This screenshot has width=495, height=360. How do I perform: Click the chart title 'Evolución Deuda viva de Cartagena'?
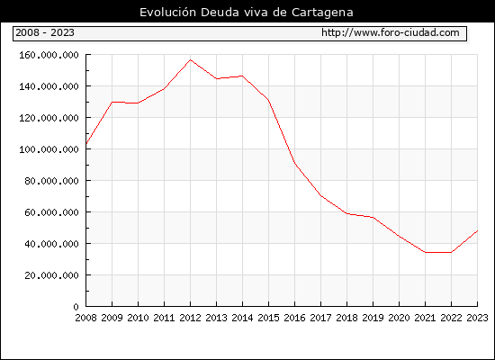tap(247, 13)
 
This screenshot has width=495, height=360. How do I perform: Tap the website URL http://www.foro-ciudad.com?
tap(391, 32)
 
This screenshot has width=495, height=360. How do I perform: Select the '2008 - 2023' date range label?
tap(45, 32)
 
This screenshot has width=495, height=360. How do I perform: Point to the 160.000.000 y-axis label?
tap(49, 55)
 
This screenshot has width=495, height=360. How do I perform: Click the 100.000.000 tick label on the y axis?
tap(49, 149)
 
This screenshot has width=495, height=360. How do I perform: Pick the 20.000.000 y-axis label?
tap(51, 275)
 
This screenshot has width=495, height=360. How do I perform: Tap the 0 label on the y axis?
tap(76, 307)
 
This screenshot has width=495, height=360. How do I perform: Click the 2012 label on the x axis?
tap(190, 318)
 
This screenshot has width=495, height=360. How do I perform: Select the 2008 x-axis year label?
tap(85, 318)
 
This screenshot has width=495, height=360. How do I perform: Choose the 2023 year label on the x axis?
tap(477, 318)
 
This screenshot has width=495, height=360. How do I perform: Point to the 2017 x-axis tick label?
tap(320, 318)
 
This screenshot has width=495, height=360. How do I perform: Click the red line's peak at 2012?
tap(191, 59)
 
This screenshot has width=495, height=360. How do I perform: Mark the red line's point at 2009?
tap(112, 102)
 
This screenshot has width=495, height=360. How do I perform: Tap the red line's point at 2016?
tap(294, 164)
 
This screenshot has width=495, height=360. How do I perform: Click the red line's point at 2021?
tap(425, 252)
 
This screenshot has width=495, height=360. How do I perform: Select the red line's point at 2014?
tap(242, 76)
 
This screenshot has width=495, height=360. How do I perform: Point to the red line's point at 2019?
tap(373, 217)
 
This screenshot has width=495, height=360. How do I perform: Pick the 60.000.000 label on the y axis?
tap(51, 212)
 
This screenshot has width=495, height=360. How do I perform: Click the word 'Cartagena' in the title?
tap(322, 13)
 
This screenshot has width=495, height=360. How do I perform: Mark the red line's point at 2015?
tap(269, 101)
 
